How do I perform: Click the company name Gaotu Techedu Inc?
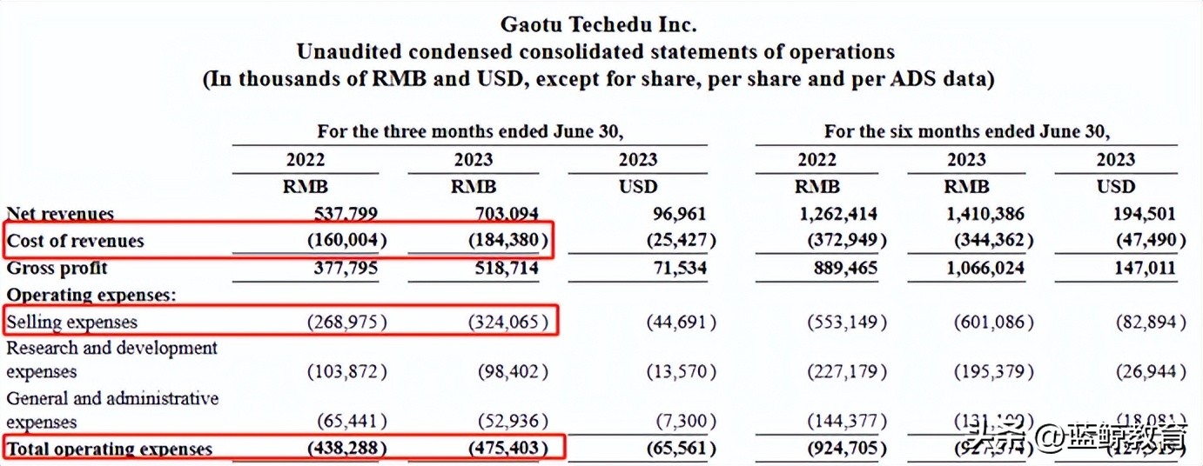pyautogui.click(x=599, y=23)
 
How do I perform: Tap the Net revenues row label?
pyautogui.click(x=60, y=214)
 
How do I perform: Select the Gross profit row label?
pyautogui.click(x=57, y=268)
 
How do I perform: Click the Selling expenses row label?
pyautogui.click(x=72, y=322)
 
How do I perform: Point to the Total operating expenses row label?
pyautogui.click(x=110, y=449)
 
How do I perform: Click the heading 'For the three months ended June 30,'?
pyautogui.click(x=470, y=132)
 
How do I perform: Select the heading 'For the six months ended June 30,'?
pyautogui.click(x=966, y=132)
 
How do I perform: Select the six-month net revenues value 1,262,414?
pyautogui.click(x=836, y=214)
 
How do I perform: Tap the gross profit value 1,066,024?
pyautogui.click(x=985, y=268)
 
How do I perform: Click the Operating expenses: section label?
pyautogui.click(x=91, y=295)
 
